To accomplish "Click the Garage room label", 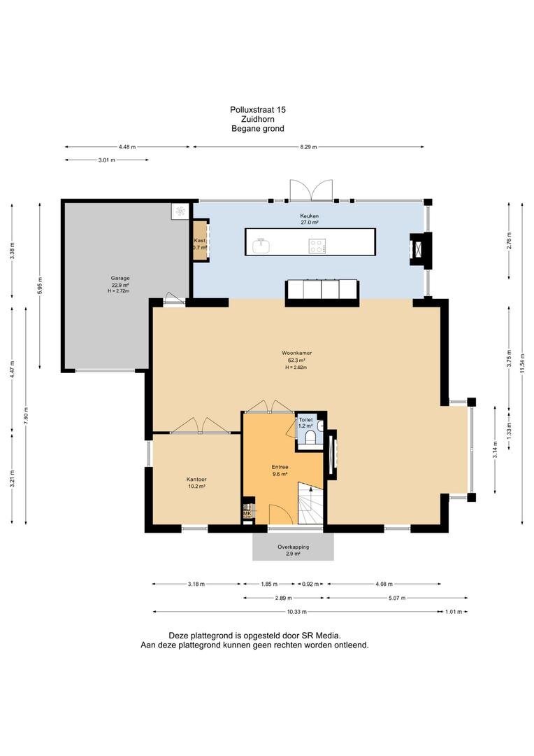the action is tap(120, 278).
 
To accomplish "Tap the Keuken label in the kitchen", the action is tap(309, 216).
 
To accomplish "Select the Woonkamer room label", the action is tap(294, 352).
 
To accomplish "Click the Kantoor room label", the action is tap(196, 479).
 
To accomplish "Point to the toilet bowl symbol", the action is tap(310, 437).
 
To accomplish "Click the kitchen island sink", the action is tap(261, 246).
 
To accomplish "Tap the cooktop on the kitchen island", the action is tap(317, 246).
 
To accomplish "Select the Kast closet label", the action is tap(200, 240).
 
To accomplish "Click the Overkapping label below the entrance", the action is tap(294, 547).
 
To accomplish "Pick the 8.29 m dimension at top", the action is tap(309, 147).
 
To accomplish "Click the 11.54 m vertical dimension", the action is tap(522, 363).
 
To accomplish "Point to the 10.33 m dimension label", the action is tap(296, 612).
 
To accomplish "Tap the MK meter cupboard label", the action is tap(247, 514).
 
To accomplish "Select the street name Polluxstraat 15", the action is tap(258, 110).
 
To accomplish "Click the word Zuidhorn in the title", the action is tap(258, 119).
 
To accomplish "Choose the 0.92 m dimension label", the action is tap(310, 584).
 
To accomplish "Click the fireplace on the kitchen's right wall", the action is tap(420, 248).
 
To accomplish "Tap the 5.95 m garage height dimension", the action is tap(40, 286).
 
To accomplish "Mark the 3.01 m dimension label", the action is tap(106, 160).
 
